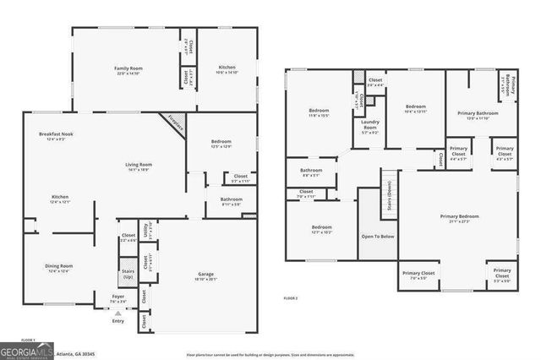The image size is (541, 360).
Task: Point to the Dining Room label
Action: click(58, 268)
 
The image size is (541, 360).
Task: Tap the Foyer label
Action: click(117, 297)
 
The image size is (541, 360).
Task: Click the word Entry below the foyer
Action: click(117, 319)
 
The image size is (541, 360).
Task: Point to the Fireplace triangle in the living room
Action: click(172, 123)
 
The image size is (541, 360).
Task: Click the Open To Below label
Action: click(377, 237)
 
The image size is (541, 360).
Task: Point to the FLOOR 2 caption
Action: click(291, 298)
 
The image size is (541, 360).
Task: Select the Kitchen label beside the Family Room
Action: click(227, 69)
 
